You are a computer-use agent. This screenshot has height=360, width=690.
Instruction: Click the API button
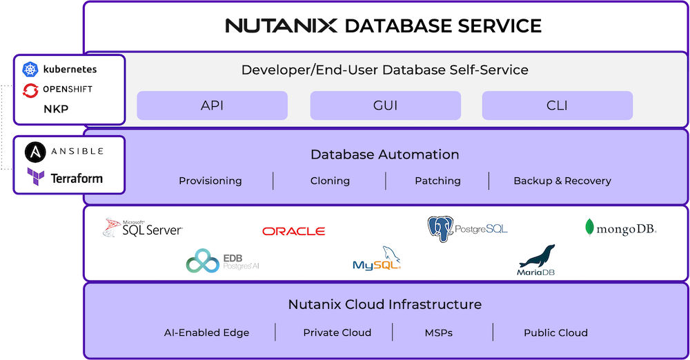pyautogui.click(x=212, y=106)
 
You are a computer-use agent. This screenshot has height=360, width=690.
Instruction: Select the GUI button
pyautogui.click(x=385, y=106)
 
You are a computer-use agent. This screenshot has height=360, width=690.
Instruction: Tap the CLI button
pyautogui.click(x=557, y=106)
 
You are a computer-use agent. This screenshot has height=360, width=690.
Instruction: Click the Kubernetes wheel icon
pyautogui.click(x=30, y=69)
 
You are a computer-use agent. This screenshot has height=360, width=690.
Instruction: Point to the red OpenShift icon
pyautogui.click(x=30, y=90)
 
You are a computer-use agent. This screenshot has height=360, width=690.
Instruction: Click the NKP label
pyautogui.click(x=56, y=109)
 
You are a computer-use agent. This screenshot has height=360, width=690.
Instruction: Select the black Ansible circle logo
pyautogui.click(x=35, y=152)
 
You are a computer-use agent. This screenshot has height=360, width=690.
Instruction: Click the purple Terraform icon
pyautogui.click(x=35, y=177)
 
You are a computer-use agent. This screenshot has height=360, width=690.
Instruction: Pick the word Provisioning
pyautogui.click(x=210, y=181)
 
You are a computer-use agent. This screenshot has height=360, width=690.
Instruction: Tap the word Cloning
pyautogui.click(x=330, y=181)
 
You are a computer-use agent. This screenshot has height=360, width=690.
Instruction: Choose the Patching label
pyautogui.click(x=437, y=181)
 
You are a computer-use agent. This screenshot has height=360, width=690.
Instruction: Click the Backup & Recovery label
pyautogui.click(x=562, y=181)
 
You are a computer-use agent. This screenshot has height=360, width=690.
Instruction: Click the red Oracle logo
pyautogui.click(x=293, y=231)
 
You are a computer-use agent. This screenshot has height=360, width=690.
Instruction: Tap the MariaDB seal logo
pyautogui.click(x=537, y=257)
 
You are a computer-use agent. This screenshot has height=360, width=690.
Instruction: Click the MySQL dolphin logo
pyautogui.click(x=377, y=259)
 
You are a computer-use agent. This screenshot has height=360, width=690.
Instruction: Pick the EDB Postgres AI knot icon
pyautogui.click(x=202, y=261)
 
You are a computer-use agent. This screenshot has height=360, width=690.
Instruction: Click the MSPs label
pyautogui.click(x=439, y=332)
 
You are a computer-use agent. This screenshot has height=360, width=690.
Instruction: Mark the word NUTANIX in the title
pyautogui.click(x=281, y=26)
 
